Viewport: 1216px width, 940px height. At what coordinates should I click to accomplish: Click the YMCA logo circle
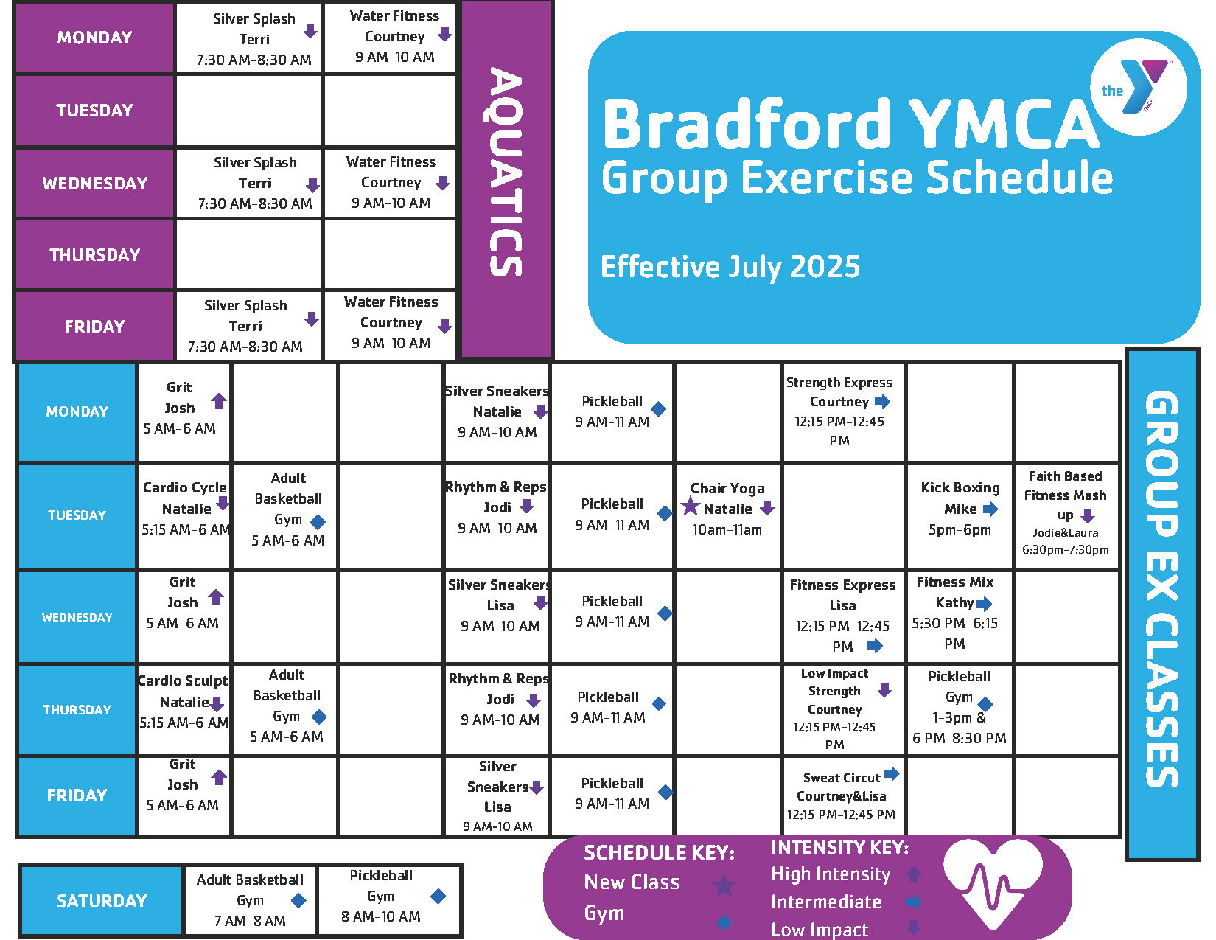[x=1139, y=87]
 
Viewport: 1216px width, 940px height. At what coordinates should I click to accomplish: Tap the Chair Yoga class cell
[x=727, y=515]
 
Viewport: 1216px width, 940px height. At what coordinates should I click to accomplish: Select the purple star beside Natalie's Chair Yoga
[x=690, y=506]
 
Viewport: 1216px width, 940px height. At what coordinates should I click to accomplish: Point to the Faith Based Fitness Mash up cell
[x=1066, y=515]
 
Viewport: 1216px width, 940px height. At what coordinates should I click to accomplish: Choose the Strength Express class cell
[x=843, y=412]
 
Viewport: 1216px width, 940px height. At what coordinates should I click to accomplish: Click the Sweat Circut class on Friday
[x=843, y=795]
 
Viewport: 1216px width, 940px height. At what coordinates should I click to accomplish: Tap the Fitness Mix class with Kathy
[x=959, y=616]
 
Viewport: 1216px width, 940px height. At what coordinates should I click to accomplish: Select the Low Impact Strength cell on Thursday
[x=843, y=709]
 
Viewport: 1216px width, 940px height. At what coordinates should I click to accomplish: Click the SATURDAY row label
[x=101, y=900]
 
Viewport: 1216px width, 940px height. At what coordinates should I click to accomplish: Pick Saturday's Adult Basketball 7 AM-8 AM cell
[x=250, y=900]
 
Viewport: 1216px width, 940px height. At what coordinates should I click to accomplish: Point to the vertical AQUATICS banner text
[x=506, y=171]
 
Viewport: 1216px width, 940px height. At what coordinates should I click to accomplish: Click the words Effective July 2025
[x=730, y=267]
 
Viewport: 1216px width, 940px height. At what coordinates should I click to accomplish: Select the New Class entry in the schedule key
[x=632, y=882]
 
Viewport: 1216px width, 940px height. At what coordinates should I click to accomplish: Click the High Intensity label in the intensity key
[x=831, y=874]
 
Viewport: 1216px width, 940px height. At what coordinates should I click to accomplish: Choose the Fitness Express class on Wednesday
[x=843, y=616]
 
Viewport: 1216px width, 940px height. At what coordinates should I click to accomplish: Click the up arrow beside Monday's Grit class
[x=219, y=401]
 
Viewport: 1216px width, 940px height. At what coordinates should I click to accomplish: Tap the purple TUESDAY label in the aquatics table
[x=94, y=111]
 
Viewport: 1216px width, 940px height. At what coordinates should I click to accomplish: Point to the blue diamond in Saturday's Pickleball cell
[x=438, y=897]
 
